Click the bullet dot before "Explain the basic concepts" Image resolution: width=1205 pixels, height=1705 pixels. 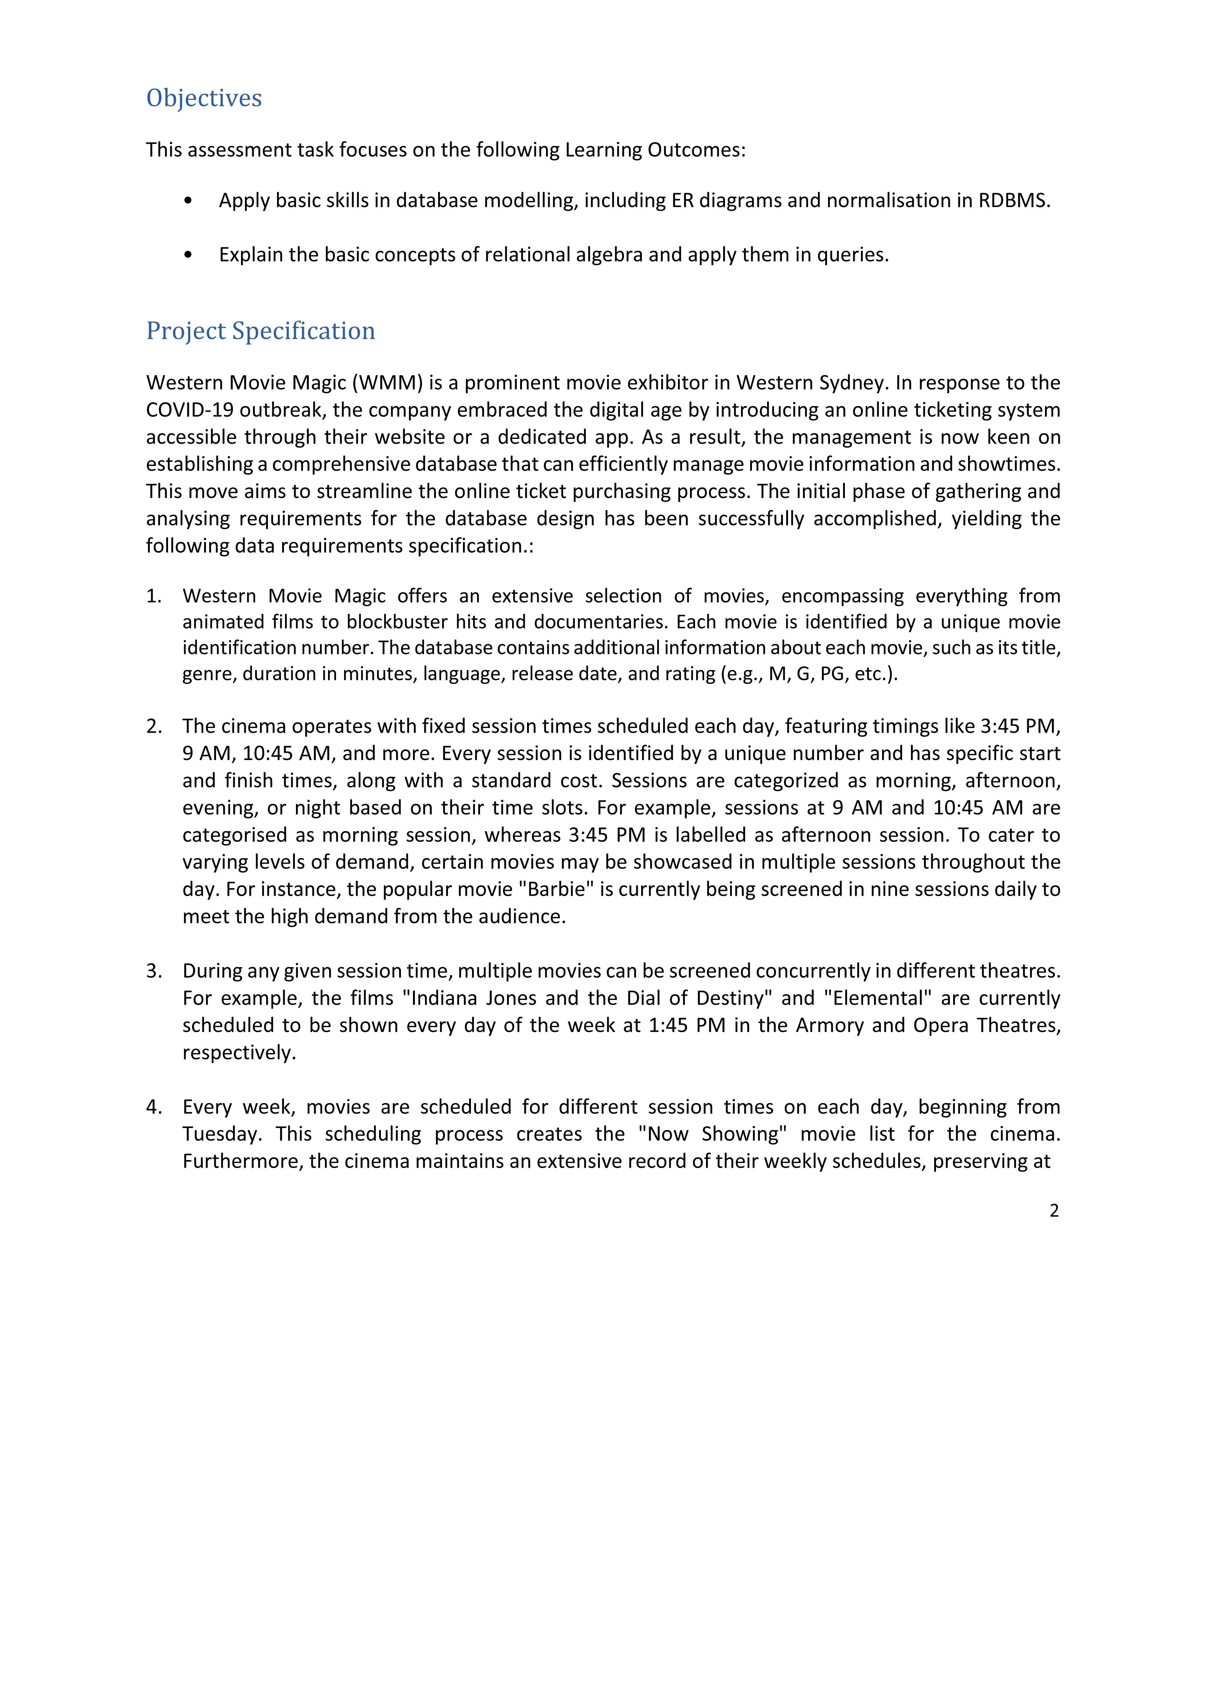coord(188,255)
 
